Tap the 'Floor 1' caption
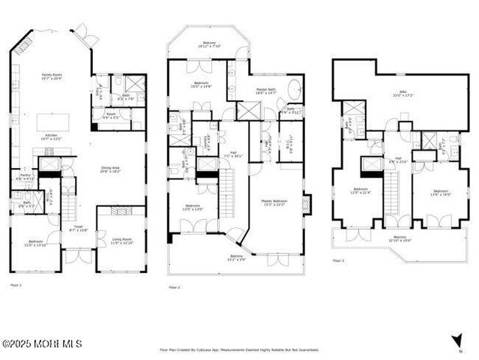[x=15, y=285]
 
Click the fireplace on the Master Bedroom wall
[x=307, y=203]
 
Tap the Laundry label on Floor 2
[x=206, y=139]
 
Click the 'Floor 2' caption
[x=174, y=287]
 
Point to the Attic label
[x=397, y=94]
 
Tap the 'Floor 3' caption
[x=338, y=261]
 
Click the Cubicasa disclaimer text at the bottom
[x=239, y=349]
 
